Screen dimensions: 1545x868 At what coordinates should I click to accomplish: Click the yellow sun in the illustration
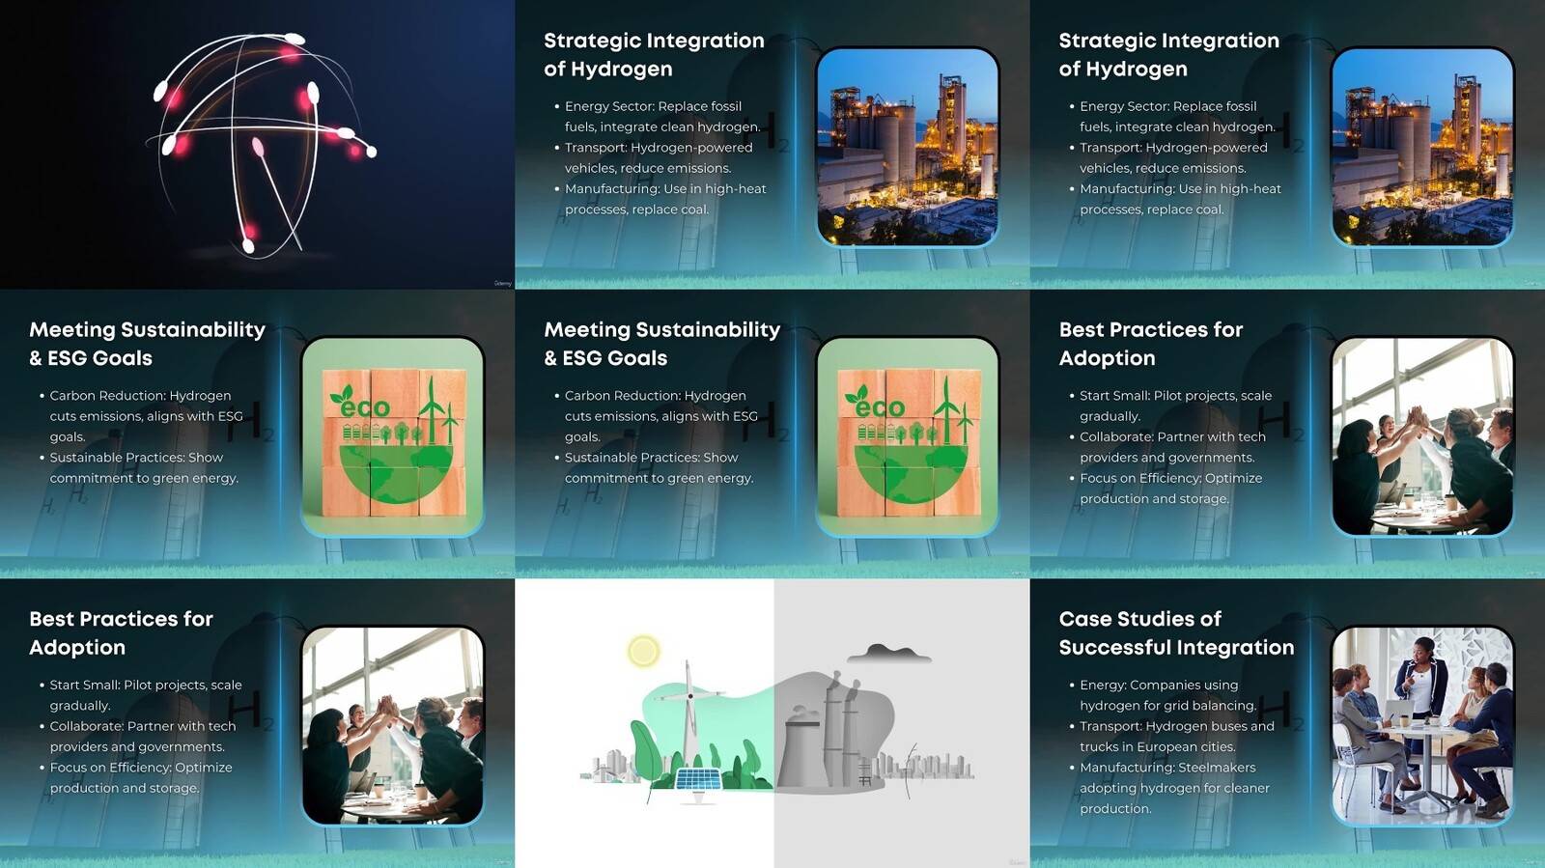[643, 651]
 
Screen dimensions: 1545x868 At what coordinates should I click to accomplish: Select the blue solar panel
[698, 780]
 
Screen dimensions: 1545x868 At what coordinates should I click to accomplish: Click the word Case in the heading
[1085, 619]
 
